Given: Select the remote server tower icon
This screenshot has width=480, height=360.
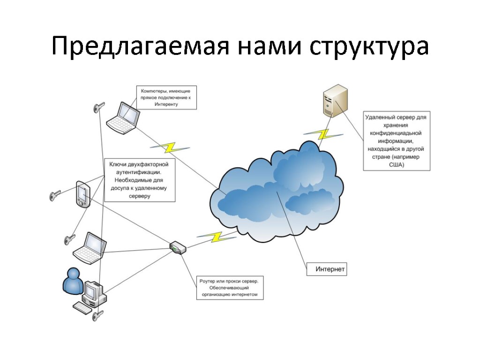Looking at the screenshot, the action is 335,100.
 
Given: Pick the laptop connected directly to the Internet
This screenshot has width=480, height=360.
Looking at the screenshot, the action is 123,118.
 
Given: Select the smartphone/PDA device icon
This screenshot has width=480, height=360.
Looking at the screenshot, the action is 83,194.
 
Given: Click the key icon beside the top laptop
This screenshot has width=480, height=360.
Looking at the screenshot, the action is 98,108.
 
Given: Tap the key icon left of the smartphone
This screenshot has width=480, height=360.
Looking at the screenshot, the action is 55,195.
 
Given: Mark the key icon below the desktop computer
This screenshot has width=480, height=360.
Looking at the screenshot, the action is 97,316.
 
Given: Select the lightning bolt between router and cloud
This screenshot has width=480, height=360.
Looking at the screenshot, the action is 216,236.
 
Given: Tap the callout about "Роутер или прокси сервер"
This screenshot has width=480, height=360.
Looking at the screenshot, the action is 229,288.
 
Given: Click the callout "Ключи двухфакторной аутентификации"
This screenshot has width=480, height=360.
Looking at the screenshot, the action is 140,180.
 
